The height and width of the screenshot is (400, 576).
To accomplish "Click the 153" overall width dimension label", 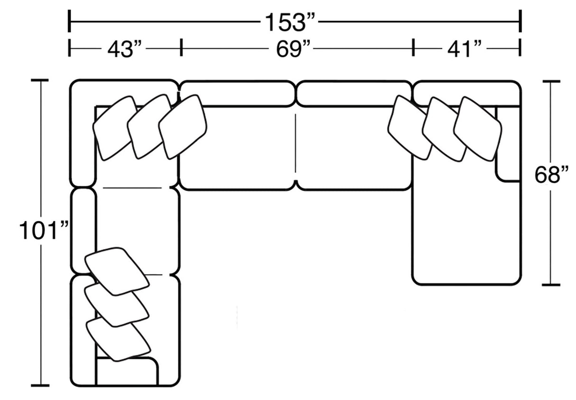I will [x=290, y=21].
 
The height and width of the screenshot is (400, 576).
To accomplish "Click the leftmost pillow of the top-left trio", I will [x=114, y=127].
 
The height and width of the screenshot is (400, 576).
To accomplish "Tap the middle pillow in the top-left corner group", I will [x=148, y=126].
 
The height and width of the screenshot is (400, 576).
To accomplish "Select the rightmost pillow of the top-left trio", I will [x=183, y=126].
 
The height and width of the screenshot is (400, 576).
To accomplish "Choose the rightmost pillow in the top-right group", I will [x=477, y=128].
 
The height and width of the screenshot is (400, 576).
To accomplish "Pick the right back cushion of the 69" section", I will [x=353, y=93].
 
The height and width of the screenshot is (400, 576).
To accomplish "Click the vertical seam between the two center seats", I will [x=296, y=143].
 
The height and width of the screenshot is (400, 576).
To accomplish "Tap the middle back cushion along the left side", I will [x=84, y=231].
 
